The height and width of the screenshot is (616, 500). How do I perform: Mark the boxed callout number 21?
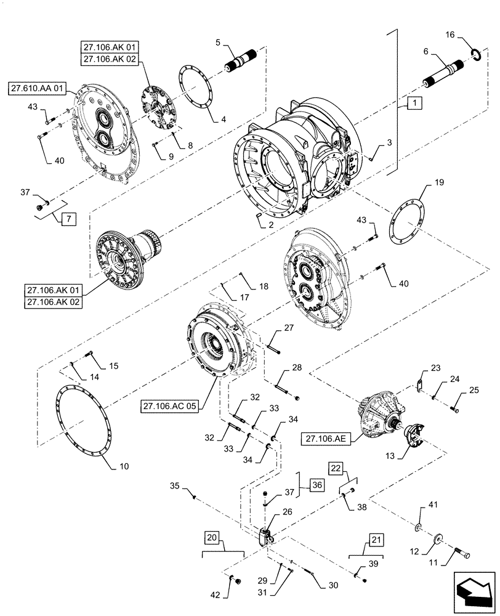tap(376, 540)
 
